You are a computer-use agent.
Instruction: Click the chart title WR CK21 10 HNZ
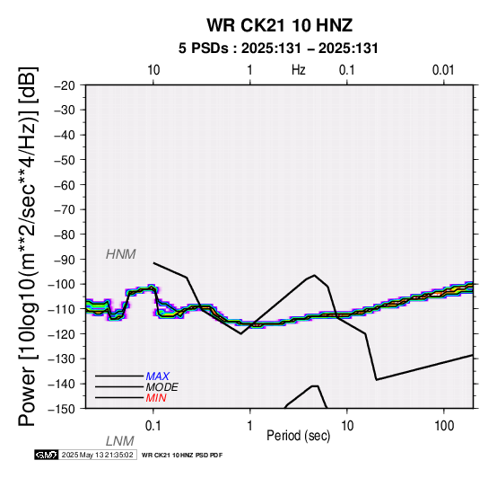[280, 25]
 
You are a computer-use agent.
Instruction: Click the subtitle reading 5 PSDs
[203, 49]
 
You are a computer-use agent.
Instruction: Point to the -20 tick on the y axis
[65, 85]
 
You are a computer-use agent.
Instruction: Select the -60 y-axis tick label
[65, 185]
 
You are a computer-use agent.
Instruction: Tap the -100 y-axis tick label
[62, 285]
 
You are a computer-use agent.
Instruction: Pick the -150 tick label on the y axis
[62, 409]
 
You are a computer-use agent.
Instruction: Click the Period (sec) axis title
[298, 436]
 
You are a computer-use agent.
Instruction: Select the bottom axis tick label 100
[444, 426]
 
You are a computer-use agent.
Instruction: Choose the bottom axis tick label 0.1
[153, 426]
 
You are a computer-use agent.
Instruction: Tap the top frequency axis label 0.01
[443, 70]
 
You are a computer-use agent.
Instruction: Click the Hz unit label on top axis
[299, 70]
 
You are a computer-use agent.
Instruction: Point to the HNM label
[121, 254]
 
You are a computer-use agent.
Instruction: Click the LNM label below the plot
[120, 441]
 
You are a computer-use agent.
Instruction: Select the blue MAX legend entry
[158, 376]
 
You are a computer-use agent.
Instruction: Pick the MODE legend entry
[162, 387]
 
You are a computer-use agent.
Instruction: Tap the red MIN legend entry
[156, 398]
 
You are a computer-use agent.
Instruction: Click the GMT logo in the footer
[47, 455]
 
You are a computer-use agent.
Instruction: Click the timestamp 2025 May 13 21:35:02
[97, 455]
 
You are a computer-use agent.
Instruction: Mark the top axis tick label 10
[153, 70]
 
